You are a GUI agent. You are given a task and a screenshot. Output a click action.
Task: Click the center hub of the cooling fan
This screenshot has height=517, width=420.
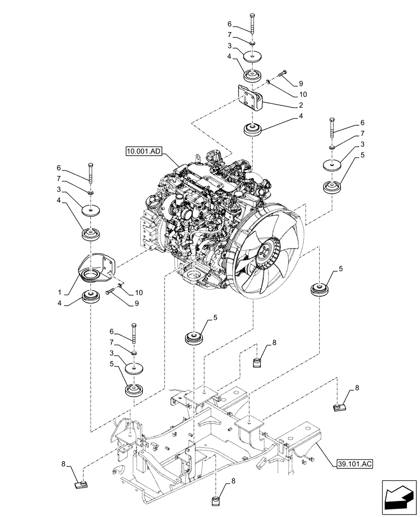pyautogui.click(x=264, y=253)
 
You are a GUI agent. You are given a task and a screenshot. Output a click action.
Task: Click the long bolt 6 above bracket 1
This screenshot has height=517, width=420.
pyautogui.click(x=91, y=173)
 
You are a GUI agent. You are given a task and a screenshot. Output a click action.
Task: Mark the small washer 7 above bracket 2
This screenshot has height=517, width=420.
pyautogui.click(x=252, y=43)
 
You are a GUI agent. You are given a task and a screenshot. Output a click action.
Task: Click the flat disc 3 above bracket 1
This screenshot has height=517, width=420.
pyautogui.click(x=91, y=210)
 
